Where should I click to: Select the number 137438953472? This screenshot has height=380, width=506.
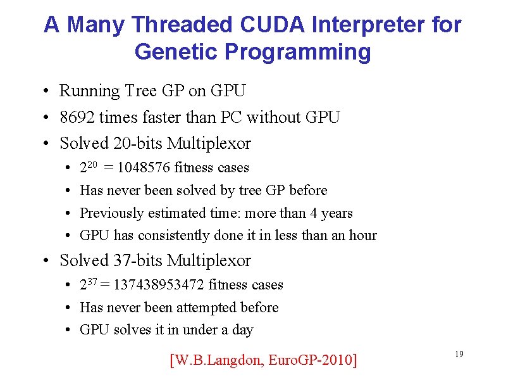point(159,285)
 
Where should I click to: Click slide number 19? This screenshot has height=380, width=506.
point(459,354)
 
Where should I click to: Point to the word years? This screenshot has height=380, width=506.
point(336,213)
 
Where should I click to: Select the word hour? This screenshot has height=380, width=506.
point(362,236)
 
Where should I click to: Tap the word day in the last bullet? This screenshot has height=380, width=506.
point(242,330)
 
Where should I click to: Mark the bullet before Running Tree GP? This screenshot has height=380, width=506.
point(48,92)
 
